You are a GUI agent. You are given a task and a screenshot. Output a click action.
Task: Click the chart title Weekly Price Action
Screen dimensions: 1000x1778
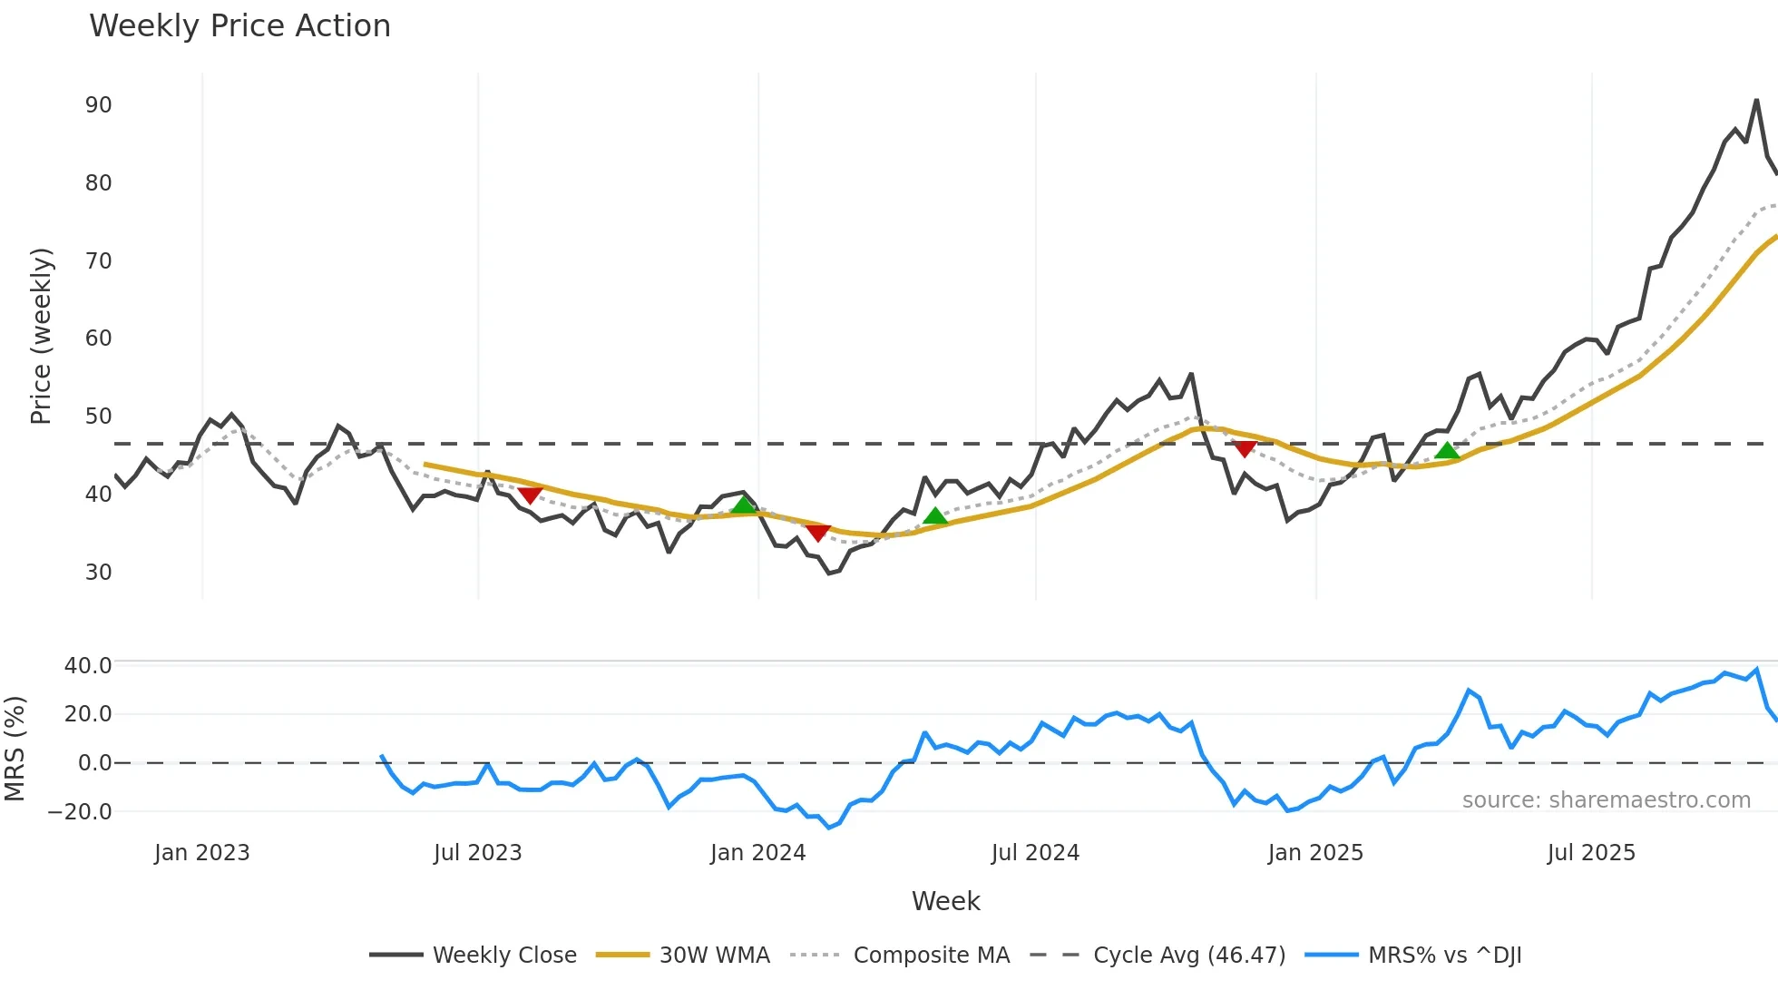[x=239, y=26]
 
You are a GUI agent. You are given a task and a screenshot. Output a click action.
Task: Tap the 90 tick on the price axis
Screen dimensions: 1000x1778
[x=99, y=105]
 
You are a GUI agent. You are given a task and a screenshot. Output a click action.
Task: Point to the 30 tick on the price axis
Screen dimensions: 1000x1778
[x=99, y=573]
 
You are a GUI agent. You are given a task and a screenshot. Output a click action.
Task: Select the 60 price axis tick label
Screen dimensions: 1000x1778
[x=99, y=338]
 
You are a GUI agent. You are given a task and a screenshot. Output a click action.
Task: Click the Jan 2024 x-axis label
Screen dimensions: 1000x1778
[x=757, y=853]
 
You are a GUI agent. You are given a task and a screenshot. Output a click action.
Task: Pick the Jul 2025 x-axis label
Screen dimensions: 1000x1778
[x=1591, y=853]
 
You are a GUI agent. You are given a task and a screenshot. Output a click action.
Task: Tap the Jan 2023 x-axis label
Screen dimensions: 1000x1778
[x=201, y=853]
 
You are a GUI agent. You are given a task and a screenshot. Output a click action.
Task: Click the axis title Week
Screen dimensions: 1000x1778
[x=945, y=901]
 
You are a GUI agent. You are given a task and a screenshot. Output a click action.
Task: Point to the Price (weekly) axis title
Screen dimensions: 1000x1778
[x=42, y=336]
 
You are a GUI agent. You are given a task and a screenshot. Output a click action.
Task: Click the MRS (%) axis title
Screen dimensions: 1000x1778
[x=15, y=749]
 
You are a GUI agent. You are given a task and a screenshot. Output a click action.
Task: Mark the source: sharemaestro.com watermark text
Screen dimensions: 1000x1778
[x=1606, y=800]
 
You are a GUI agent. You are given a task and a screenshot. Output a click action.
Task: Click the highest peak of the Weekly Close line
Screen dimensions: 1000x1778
[x=1757, y=100]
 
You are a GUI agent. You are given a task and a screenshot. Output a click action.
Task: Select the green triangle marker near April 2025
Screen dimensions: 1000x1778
[x=1447, y=451]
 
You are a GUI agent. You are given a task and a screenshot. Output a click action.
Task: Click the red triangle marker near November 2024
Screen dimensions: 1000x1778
[x=1245, y=448]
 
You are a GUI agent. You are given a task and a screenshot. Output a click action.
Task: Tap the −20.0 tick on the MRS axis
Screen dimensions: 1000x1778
[x=80, y=812]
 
